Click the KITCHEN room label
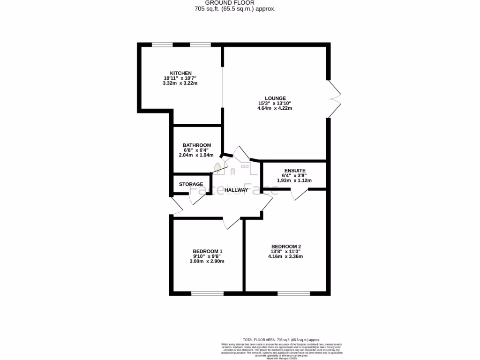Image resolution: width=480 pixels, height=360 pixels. (x=180, y=73)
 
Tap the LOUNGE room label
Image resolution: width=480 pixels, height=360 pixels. (x=275, y=98)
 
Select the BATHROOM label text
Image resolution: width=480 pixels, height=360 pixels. (x=196, y=145)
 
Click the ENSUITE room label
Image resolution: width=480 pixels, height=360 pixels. (x=294, y=171)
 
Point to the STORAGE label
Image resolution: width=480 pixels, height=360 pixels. (x=191, y=184)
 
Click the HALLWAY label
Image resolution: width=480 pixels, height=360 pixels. (x=236, y=190)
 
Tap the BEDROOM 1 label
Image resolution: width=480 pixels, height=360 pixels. (x=208, y=251)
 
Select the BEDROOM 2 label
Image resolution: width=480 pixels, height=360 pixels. (x=285, y=247)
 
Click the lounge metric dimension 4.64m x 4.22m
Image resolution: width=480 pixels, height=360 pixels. (x=275, y=108)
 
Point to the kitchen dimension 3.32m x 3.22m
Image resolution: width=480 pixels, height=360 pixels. (x=180, y=83)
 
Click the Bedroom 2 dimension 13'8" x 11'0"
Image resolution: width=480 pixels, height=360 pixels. (x=285, y=252)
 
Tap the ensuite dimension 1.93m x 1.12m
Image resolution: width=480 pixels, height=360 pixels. (x=294, y=180)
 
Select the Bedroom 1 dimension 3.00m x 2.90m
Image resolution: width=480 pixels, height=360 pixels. (x=208, y=262)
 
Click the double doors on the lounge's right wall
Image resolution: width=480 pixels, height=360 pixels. (x=334, y=98)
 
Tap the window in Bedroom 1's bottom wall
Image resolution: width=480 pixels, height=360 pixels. (x=207, y=293)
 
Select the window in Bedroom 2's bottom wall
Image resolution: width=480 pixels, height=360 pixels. (x=293, y=293)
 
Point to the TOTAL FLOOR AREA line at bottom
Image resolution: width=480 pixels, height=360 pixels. (x=281, y=339)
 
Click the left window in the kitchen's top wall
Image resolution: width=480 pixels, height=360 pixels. (x=162, y=45)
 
